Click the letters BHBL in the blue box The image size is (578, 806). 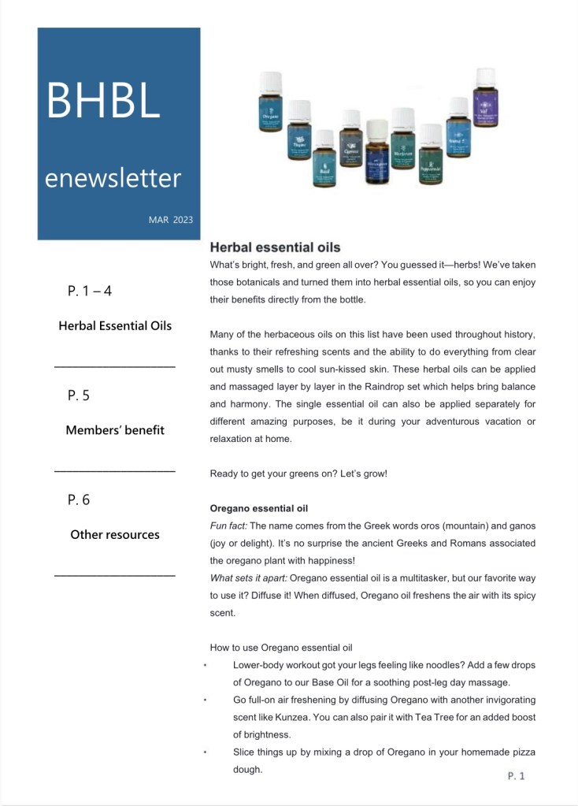pos(103,100)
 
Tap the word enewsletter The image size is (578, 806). pos(113,177)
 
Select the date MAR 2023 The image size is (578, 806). pos(170,220)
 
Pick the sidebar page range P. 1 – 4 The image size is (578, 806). pos(90,291)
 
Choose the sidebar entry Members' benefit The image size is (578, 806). pos(115,430)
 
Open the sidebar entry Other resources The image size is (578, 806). pos(115,534)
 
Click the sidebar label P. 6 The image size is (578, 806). pos(79,500)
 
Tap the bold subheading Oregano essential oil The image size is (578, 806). pos(258,508)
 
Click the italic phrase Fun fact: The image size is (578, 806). pos(228,526)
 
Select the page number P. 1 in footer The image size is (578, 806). pos(516,776)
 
